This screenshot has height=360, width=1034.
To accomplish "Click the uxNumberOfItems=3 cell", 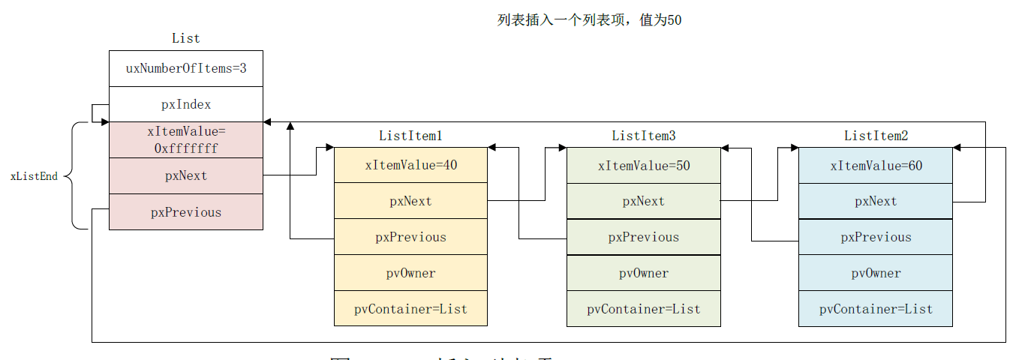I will pyautogui.click(x=186, y=69).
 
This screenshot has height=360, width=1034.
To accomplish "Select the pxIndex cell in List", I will pyautogui.click(x=186, y=105).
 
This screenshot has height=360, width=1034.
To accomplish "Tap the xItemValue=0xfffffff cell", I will pyautogui.click(x=186, y=140).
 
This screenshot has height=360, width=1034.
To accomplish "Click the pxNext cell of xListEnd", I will pyautogui.click(x=186, y=176).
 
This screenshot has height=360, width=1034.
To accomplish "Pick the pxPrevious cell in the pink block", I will pyautogui.click(x=186, y=212).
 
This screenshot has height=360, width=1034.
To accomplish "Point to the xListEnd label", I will pyautogui.click(x=34, y=177).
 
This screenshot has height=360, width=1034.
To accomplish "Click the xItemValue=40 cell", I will pyautogui.click(x=410, y=166).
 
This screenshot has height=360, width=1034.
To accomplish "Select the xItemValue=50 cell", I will pyautogui.click(x=643, y=166).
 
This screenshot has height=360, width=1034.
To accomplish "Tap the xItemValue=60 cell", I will pyautogui.click(x=876, y=166).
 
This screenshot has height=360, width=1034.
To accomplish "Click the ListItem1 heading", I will pyautogui.click(x=410, y=136).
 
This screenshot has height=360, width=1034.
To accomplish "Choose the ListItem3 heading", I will pyautogui.click(x=643, y=136).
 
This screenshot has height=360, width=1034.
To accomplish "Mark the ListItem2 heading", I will pyautogui.click(x=876, y=136).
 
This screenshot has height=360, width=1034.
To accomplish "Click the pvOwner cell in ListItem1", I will pyautogui.click(x=410, y=273).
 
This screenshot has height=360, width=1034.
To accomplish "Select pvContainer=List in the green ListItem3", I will pyautogui.click(x=643, y=309).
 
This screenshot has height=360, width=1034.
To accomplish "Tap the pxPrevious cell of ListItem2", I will pyautogui.click(x=876, y=237).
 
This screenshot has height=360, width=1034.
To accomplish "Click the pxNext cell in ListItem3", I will pyautogui.click(x=643, y=201).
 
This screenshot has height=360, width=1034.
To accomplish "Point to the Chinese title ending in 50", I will pyautogui.click(x=589, y=20).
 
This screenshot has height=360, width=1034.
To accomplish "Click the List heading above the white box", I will pyautogui.click(x=186, y=38).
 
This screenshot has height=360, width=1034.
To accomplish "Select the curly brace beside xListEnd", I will pyautogui.click(x=74, y=176).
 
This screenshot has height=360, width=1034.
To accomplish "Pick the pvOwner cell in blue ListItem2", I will pyautogui.click(x=876, y=273).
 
